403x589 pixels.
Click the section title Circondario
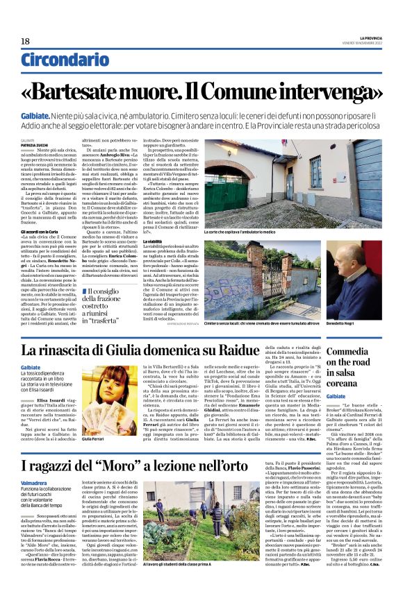[x=60, y=61]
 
